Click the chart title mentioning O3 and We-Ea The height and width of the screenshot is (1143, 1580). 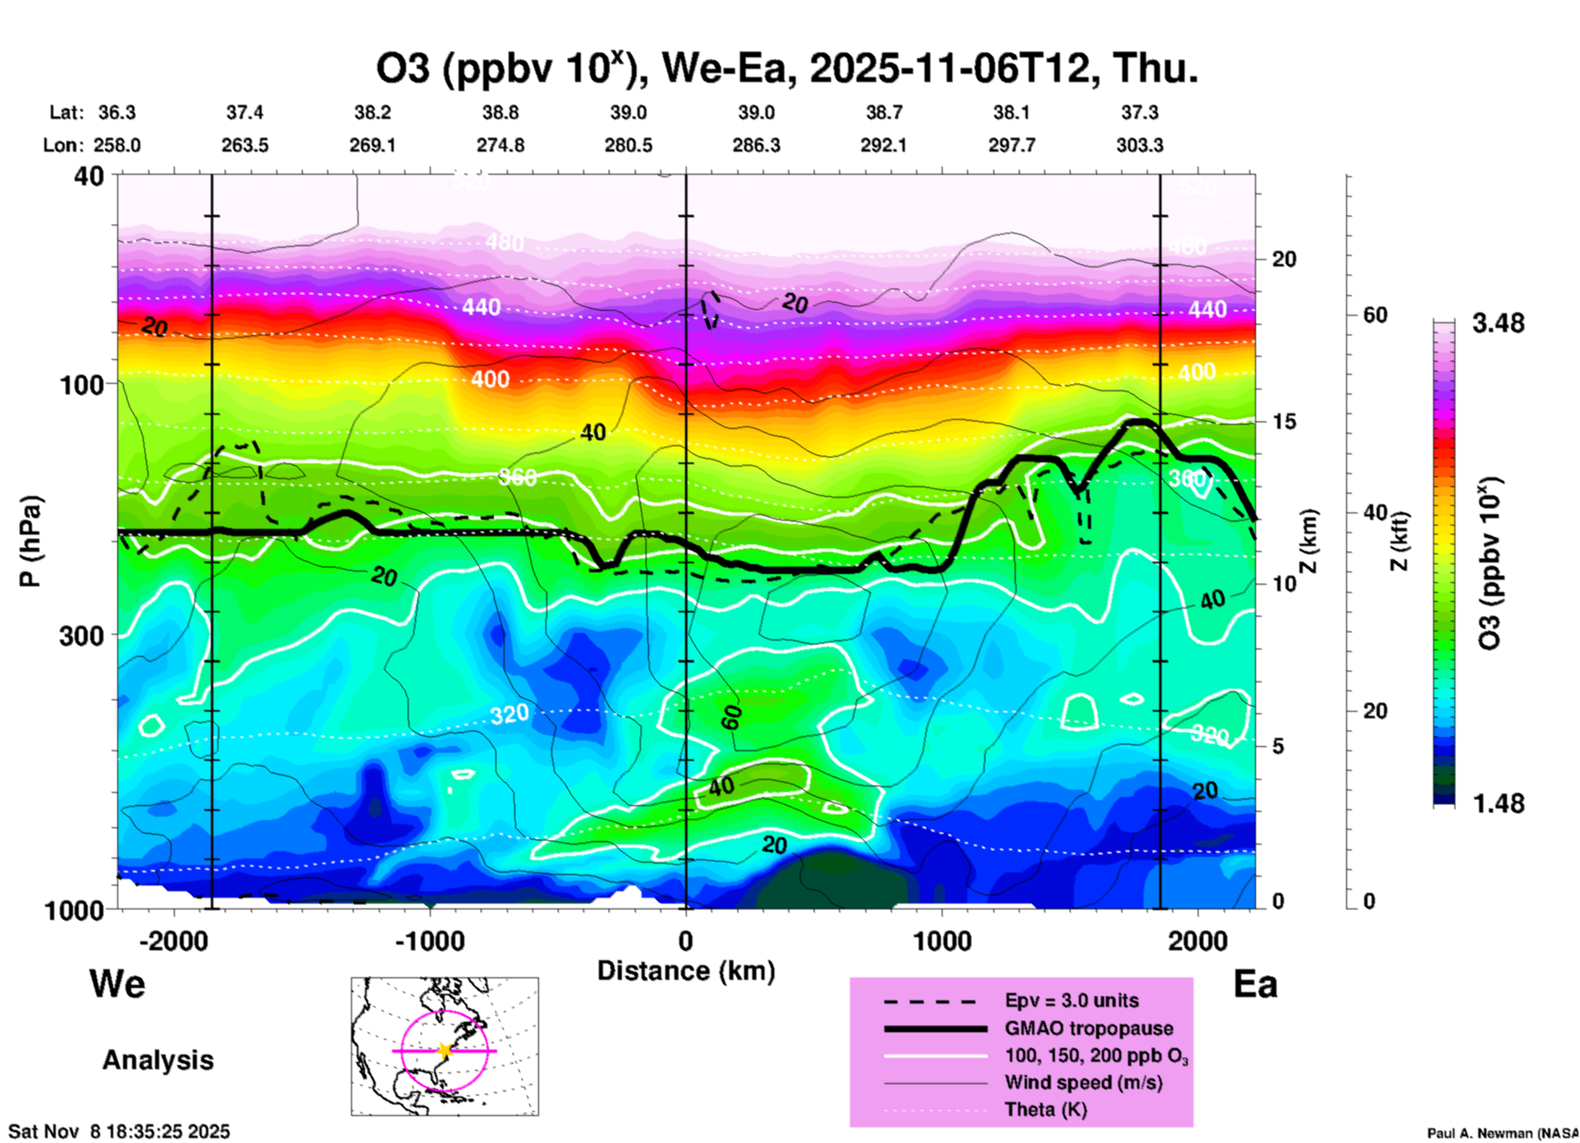[786, 69]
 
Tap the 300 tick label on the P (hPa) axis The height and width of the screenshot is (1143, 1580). [82, 635]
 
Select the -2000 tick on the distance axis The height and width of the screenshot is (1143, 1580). [174, 940]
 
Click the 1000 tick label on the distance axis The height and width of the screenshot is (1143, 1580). [942, 940]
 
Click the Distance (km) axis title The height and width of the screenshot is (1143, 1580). [686, 971]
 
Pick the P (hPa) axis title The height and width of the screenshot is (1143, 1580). [30, 541]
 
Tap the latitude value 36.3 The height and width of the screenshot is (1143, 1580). [117, 112]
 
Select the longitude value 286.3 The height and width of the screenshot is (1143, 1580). [756, 145]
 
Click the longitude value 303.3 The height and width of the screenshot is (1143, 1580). [1139, 145]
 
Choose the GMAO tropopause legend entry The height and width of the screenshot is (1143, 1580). [1089, 1028]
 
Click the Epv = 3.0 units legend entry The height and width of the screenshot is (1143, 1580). [1071, 1001]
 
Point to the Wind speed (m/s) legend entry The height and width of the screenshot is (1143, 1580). [1083, 1082]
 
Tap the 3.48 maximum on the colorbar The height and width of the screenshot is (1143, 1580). [1498, 324]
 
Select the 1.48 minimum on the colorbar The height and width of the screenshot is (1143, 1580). [1498, 804]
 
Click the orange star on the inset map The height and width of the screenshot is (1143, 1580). [445, 1050]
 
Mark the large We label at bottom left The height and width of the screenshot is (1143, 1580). [117, 983]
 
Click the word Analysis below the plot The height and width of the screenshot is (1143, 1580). [158, 1060]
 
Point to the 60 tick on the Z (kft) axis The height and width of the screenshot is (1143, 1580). [1375, 315]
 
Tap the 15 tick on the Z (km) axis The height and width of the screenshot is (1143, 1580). [1284, 421]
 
